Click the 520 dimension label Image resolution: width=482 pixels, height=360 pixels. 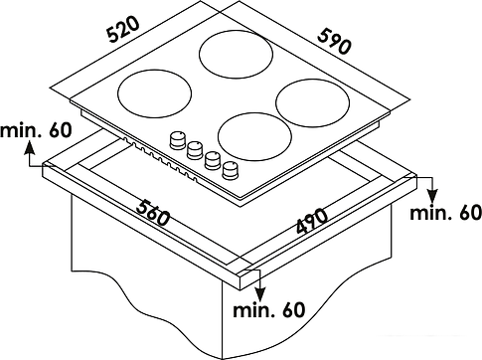click(124, 30)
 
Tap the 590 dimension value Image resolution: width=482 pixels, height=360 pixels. click(334, 42)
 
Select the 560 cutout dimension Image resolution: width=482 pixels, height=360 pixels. click(153, 213)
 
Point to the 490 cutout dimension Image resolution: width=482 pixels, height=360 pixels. click(311, 221)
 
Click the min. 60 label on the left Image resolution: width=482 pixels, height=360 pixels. click(36, 130)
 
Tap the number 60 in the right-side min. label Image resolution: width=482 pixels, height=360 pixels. click(469, 213)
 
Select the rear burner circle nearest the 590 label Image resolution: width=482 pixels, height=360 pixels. click(237, 55)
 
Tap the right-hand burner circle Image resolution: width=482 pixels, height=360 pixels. click(312, 103)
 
